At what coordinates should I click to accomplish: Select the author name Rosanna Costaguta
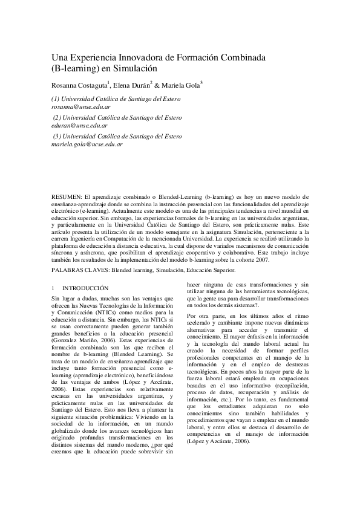(78, 85)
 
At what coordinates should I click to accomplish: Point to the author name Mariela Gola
(182, 85)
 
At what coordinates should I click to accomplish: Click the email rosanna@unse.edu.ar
(79, 106)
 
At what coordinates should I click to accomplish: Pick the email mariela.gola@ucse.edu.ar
(87, 144)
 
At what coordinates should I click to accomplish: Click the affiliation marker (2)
(58, 117)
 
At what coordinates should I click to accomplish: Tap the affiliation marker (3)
(58, 137)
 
